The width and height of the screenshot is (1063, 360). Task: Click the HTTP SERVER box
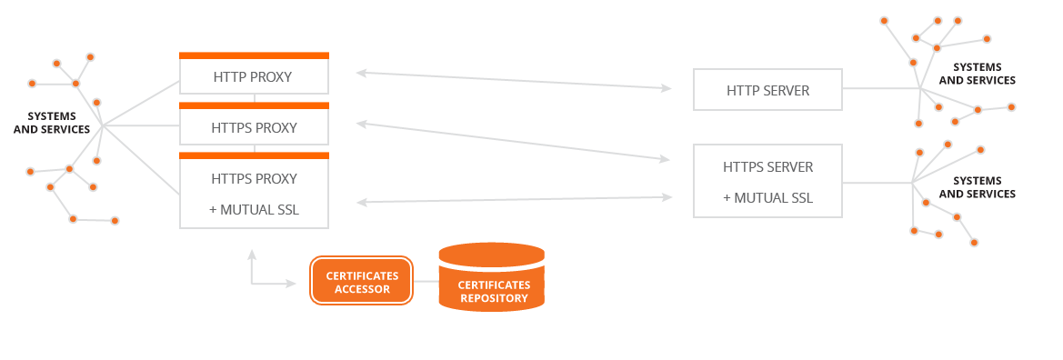coord(767,89)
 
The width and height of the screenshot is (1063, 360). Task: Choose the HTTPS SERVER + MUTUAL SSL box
coord(767,181)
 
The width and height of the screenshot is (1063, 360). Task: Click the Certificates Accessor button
coord(361,281)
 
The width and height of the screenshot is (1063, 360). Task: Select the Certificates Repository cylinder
coord(492,276)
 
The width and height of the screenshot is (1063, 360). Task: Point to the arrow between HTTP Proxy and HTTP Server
coord(514,80)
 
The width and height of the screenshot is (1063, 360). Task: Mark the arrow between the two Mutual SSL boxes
coord(514,199)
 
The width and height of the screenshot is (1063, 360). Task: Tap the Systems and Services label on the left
coord(52,123)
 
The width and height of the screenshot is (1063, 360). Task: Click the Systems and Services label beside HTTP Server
coord(977,74)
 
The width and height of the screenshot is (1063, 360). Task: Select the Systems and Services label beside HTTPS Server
coord(977,188)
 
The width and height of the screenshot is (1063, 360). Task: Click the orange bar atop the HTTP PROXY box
coord(255,55)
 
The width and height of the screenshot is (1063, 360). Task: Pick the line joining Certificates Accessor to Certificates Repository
coord(426,281)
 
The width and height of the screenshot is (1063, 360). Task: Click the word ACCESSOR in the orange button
coord(361,289)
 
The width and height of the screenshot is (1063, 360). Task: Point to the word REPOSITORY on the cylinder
coord(493,297)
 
